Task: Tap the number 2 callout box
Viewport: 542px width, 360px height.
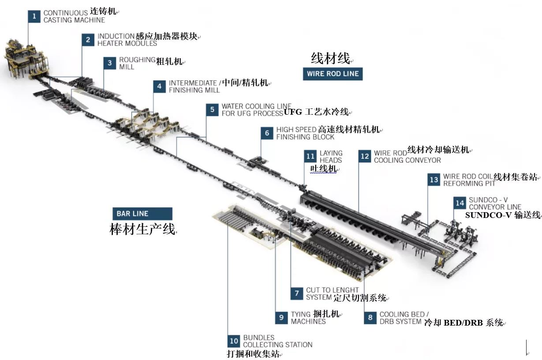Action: click(x=88, y=40)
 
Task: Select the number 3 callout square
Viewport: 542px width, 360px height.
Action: click(x=110, y=63)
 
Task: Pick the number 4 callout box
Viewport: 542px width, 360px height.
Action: click(x=160, y=86)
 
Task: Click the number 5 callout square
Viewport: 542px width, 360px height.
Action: click(x=213, y=109)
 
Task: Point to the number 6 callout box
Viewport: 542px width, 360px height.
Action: click(x=267, y=133)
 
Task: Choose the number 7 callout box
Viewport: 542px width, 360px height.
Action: click(x=297, y=293)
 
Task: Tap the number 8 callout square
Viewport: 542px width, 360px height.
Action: click(x=370, y=318)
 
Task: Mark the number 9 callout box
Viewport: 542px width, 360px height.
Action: click(x=281, y=318)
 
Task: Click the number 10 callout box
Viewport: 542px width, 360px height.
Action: click(x=234, y=341)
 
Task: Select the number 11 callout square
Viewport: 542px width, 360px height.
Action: click(x=310, y=156)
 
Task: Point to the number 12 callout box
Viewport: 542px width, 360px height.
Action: click(x=365, y=156)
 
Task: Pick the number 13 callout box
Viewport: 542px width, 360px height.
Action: click(x=434, y=180)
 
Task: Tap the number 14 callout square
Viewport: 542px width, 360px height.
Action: click(x=460, y=203)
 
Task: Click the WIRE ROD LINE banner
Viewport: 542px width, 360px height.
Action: click(x=333, y=74)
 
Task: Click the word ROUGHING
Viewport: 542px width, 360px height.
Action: click(x=137, y=60)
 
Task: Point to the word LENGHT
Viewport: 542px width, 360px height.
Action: click(x=345, y=290)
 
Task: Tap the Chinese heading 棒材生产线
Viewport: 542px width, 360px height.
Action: click(x=142, y=229)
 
